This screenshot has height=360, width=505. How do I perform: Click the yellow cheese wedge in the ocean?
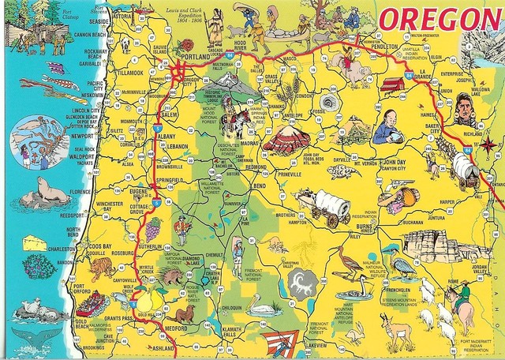coord(34,241)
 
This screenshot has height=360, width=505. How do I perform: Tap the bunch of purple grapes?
coord(152,227)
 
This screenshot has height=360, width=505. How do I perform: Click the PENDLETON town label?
coord(387,47)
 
